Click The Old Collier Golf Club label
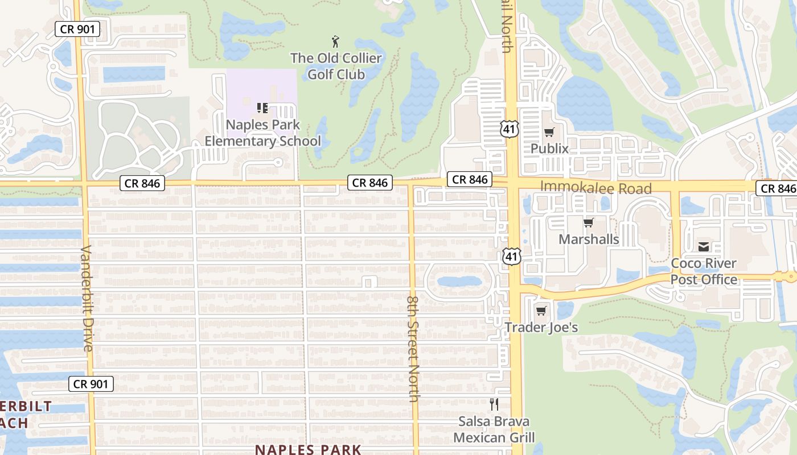336,66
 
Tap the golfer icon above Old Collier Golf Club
336,42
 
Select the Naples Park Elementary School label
263,133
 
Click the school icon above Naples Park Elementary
262,107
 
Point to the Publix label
549,148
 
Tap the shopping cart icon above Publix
549,133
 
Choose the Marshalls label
589,239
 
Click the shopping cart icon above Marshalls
588,223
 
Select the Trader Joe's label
541,327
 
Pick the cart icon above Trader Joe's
541,311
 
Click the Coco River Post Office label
704,271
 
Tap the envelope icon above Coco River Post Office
704,247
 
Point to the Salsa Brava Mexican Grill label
494,429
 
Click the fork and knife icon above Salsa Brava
494,404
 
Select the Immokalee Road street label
595,187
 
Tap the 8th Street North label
413,348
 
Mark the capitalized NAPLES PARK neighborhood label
308,449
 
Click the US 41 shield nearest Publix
509,129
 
